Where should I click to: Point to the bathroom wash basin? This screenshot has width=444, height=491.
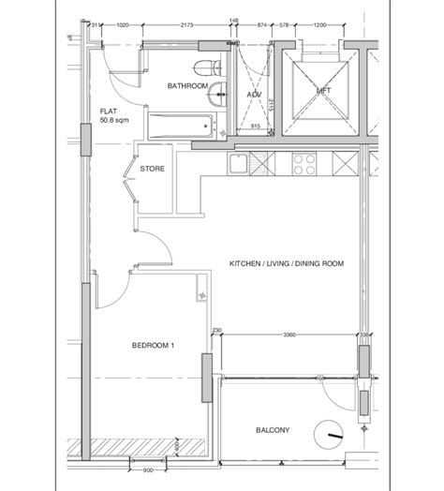[217, 92]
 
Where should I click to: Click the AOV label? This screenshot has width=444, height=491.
[254, 95]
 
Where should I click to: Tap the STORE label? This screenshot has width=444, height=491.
[153, 170]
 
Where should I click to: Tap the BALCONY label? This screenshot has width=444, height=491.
[273, 430]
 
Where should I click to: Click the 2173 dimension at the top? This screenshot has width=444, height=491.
[185, 26]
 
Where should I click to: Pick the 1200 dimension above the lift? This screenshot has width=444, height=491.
[324, 26]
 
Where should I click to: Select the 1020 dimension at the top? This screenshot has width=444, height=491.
[122, 26]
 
